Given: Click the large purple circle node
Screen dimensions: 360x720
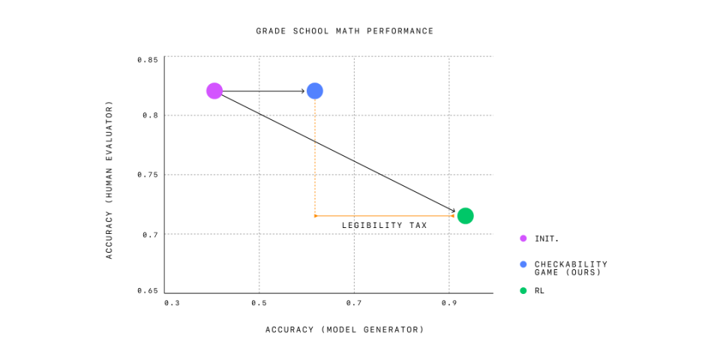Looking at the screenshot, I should pyautogui.click(x=214, y=91).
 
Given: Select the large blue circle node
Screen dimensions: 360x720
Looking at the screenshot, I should pyautogui.click(x=315, y=91).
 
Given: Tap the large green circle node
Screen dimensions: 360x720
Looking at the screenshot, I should pyautogui.click(x=465, y=216).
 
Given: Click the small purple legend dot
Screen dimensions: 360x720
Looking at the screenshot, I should pyautogui.click(x=523, y=238).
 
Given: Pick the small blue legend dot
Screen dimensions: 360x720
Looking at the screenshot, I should pyautogui.click(x=523, y=264).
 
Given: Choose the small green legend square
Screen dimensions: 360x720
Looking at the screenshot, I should pyautogui.click(x=523, y=290).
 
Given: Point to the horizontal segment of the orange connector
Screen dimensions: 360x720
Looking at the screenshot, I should pyautogui.click(x=382, y=216).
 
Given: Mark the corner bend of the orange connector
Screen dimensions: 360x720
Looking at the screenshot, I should pyautogui.click(x=315, y=216).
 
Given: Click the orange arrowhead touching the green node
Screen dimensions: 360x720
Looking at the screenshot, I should pyautogui.click(x=453, y=216).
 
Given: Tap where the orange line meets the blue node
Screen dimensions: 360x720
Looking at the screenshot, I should pyautogui.click(x=315, y=100).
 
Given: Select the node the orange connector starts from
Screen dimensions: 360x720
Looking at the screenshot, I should pyautogui.click(x=315, y=91).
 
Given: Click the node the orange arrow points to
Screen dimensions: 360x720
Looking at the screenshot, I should pyautogui.click(x=465, y=216).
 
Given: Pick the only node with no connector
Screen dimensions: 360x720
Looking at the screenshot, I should pyautogui.click(x=214, y=91).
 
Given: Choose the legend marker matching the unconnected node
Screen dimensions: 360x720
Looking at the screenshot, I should pyautogui.click(x=523, y=238).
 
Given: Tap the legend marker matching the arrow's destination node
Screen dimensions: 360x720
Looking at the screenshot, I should pyautogui.click(x=523, y=290).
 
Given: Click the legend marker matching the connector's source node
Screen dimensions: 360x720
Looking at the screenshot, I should pyautogui.click(x=523, y=264).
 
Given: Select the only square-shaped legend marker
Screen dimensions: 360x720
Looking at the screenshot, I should pyautogui.click(x=523, y=290).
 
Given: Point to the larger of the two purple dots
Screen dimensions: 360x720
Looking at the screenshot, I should pyautogui.click(x=214, y=91).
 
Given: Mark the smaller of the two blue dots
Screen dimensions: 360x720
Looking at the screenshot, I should pyautogui.click(x=523, y=264).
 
